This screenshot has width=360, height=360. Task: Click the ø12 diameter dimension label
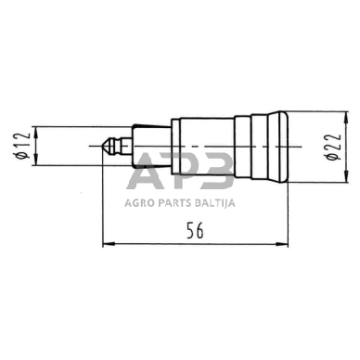[23, 146]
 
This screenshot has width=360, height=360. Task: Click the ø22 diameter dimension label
[334, 147]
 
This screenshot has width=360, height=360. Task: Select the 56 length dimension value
[196, 231]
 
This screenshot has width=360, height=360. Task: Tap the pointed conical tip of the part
[105, 146]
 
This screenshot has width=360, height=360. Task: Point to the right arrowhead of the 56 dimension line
[282, 244]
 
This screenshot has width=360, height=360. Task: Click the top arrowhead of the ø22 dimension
[346, 117]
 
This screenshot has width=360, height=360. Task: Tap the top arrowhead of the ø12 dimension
[36, 132]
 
